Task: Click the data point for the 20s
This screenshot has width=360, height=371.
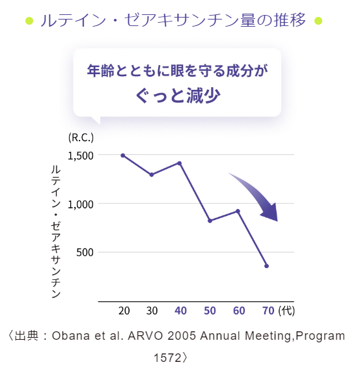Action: click(x=123, y=156)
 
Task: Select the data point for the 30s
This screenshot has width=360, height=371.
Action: click(x=152, y=175)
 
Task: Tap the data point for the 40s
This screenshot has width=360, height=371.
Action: click(x=180, y=163)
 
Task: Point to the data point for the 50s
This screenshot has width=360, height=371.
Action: click(x=210, y=221)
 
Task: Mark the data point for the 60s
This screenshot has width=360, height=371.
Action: click(x=238, y=212)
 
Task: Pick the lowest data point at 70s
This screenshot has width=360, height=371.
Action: click(x=266, y=266)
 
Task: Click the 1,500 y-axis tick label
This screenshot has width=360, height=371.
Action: click(x=81, y=156)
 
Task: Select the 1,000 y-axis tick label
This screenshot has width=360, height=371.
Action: click(x=81, y=204)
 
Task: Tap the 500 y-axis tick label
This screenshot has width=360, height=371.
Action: click(x=85, y=253)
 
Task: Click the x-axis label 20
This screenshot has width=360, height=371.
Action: click(x=124, y=310)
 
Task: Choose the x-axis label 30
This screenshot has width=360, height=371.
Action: click(x=152, y=310)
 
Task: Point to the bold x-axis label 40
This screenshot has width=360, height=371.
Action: click(x=180, y=310)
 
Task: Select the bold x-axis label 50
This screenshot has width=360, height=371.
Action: click(x=210, y=310)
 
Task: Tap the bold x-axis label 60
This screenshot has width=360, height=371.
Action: click(x=239, y=310)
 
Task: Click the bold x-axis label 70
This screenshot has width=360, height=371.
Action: click(x=268, y=310)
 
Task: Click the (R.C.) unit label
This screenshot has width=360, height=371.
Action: click(x=81, y=137)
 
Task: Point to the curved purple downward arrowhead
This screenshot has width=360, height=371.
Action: click(x=270, y=213)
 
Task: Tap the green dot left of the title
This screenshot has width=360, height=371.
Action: click(x=29, y=21)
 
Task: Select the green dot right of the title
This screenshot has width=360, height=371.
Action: click(x=318, y=21)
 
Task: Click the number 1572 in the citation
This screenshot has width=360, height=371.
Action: click(x=167, y=358)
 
